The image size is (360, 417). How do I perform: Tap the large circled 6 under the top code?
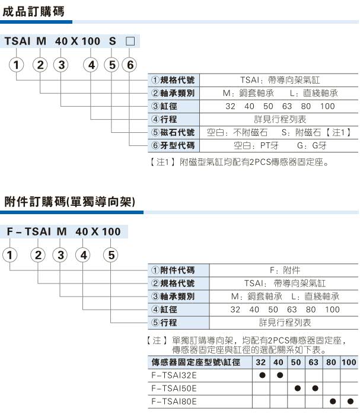(x=130, y=65)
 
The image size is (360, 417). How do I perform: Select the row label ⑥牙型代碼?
(x=172, y=145)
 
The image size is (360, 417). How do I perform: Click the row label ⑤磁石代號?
(x=172, y=132)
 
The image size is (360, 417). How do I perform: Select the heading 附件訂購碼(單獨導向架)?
(x=69, y=202)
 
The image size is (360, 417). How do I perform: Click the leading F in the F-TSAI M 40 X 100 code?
(x=10, y=232)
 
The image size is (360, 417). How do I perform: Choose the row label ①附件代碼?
(x=172, y=270)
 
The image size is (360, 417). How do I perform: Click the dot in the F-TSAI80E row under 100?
(x=350, y=402)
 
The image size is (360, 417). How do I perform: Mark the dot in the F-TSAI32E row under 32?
(x=261, y=375)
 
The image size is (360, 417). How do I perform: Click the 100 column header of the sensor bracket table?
(x=349, y=362)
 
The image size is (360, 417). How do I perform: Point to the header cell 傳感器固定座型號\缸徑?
(x=196, y=362)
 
